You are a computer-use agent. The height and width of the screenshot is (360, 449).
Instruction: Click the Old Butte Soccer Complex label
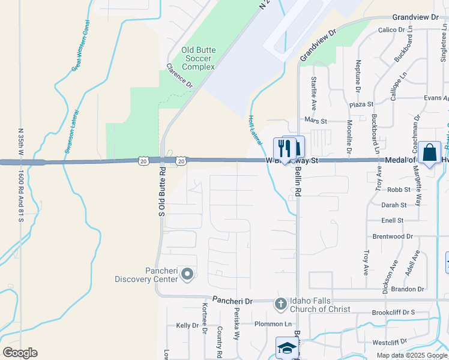pyautogui.click(x=198, y=58)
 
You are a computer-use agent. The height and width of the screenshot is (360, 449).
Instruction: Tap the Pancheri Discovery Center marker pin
pyautogui.click(x=187, y=275)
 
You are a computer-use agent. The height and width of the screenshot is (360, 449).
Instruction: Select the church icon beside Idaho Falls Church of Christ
pyautogui.click(x=280, y=304)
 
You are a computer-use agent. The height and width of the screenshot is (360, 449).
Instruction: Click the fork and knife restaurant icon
pyautogui.click(x=284, y=148)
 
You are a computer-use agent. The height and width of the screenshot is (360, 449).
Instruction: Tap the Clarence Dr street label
pyautogui.click(x=179, y=76)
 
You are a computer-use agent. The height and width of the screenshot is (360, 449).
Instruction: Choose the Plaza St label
pyautogui.click(x=361, y=104)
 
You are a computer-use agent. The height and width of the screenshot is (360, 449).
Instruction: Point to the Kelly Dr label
pyautogui.click(x=187, y=325)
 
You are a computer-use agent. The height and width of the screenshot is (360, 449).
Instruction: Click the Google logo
pyautogui.click(x=20, y=353)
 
